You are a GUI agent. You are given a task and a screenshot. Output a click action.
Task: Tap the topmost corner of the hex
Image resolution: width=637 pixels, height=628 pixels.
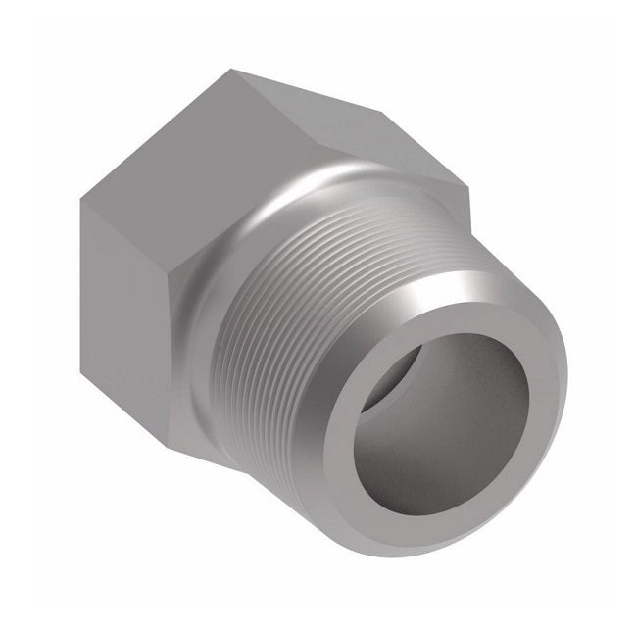tap(233, 69)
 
